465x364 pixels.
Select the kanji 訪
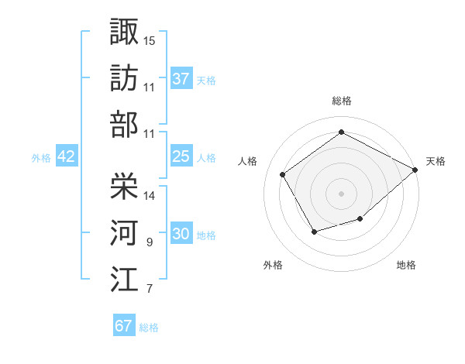[x=125, y=77]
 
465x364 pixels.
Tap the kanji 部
[x=125, y=124]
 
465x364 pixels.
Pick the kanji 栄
[x=125, y=186]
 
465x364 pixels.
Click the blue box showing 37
[x=181, y=78]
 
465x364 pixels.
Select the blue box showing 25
[x=181, y=156]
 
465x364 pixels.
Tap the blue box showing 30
[x=181, y=234]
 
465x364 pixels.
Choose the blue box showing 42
[x=66, y=156]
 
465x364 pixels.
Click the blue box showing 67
[x=124, y=326]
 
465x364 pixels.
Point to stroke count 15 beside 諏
[x=150, y=39]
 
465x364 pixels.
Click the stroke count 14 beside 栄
[x=150, y=195]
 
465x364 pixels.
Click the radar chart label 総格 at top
[x=341, y=101]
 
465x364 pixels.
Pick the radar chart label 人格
[x=248, y=161]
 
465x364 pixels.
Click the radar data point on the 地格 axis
[x=360, y=219]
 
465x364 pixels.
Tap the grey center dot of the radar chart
[x=341, y=193]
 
